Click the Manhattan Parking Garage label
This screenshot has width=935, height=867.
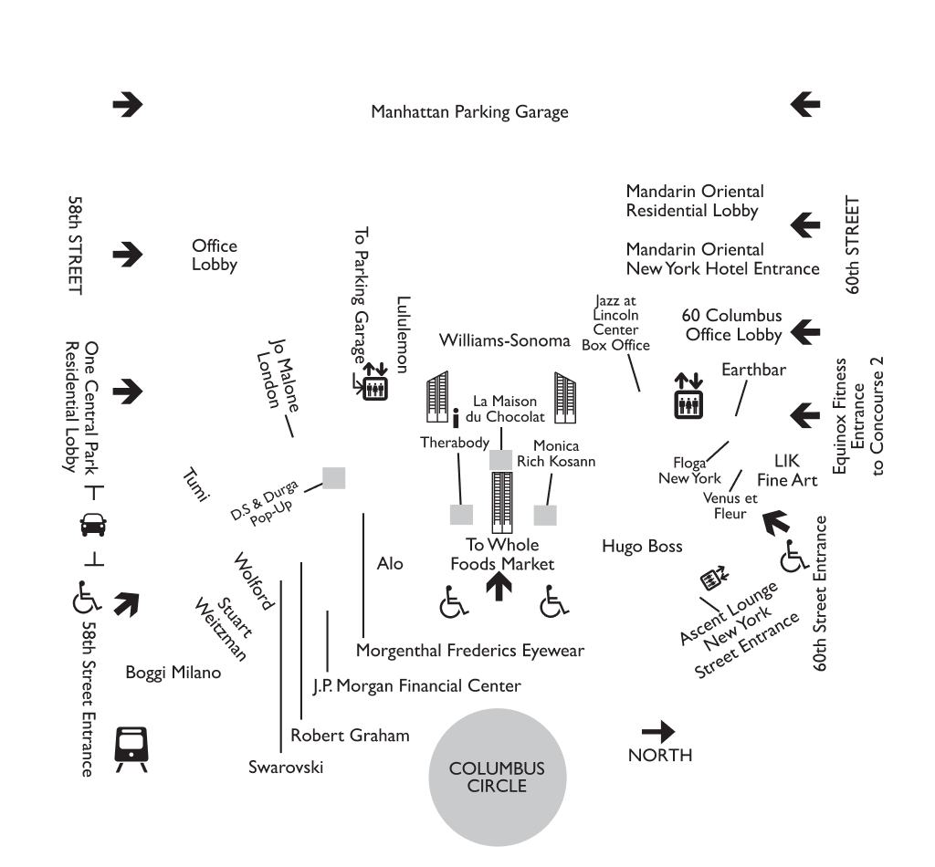[469, 112]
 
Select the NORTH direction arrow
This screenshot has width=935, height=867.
[658, 732]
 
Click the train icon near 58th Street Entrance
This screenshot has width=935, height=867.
[130, 748]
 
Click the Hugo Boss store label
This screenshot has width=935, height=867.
[642, 547]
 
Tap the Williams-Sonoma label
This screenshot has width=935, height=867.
[504, 340]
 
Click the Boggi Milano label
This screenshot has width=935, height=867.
[173, 674]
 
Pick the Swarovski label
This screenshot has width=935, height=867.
[286, 767]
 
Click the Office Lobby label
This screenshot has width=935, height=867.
[215, 256]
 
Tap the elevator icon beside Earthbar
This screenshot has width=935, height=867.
[688, 395]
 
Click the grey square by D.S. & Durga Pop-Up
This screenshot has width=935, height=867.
[334, 478]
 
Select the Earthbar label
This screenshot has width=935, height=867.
[753, 370]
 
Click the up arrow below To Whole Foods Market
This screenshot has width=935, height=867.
[499, 587]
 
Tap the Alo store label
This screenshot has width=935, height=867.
[390, 564]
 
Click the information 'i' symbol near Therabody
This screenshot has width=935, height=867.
[455, 420]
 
